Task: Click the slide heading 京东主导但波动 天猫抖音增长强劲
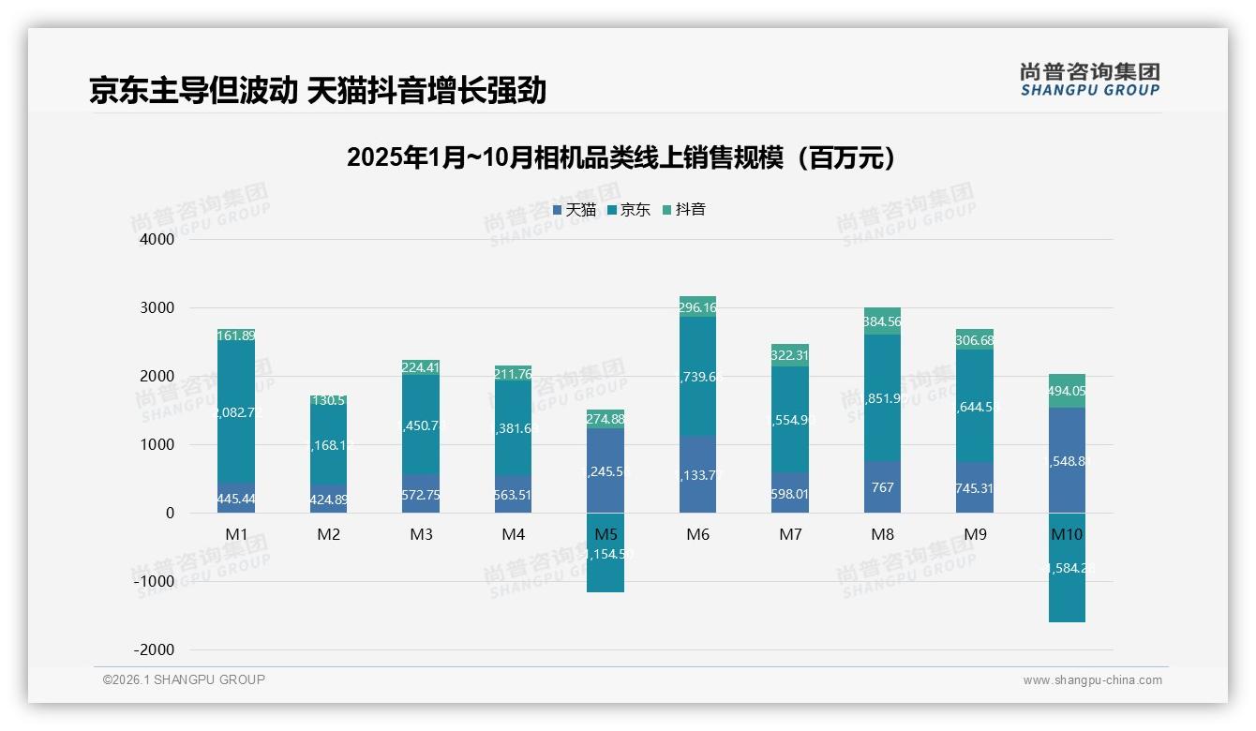317,91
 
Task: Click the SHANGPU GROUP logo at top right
1089,80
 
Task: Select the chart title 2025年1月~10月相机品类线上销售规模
621,157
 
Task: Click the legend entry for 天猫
575,210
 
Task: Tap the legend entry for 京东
629,210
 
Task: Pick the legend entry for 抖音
684,210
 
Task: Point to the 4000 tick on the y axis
157,240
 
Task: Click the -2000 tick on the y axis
155,650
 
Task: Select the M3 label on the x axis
421,535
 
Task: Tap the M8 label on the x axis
882,535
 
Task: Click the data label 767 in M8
882,487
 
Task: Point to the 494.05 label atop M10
1067,392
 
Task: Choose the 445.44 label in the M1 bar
236,500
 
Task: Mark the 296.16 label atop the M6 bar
697,307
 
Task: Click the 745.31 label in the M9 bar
974,487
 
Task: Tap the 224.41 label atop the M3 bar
421,368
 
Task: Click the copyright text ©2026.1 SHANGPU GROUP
184,679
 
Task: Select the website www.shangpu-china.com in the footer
1092,680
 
